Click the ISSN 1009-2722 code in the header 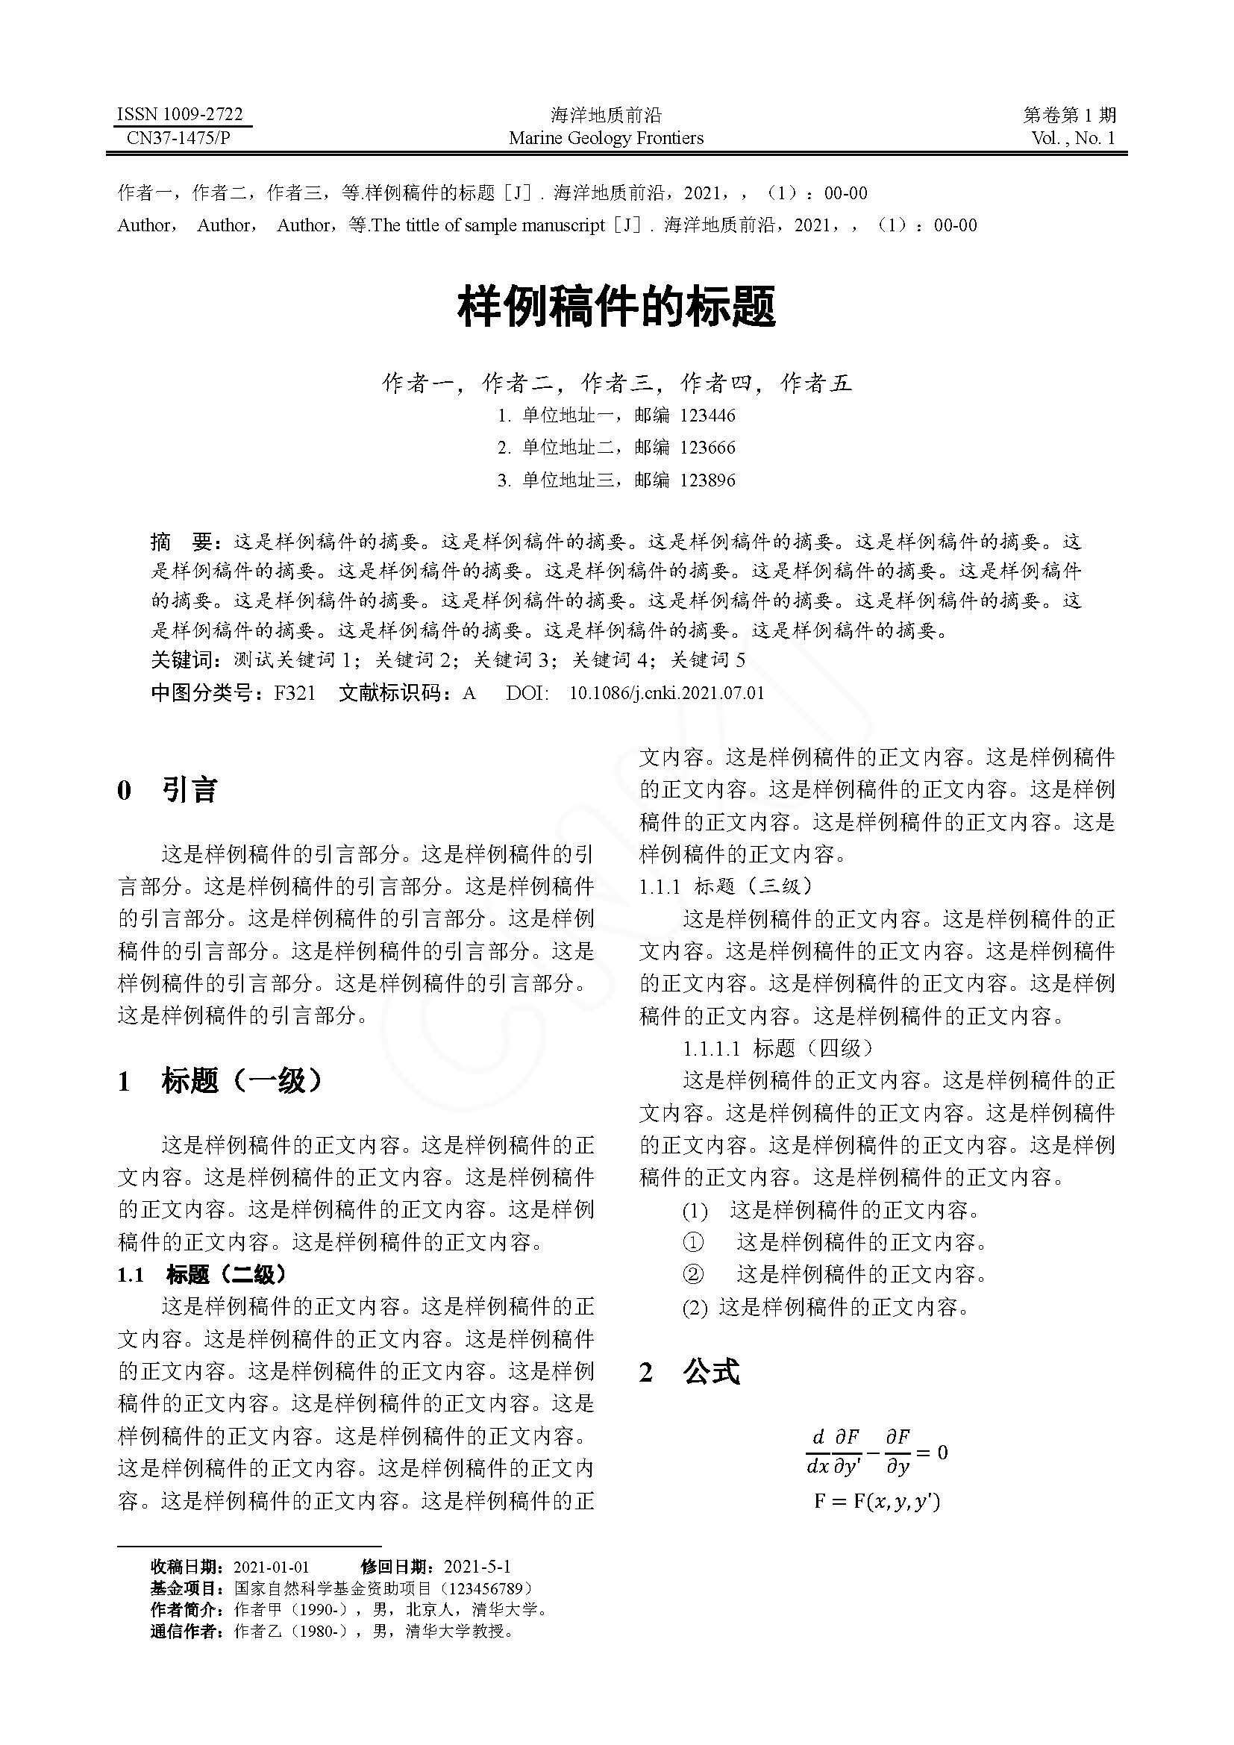[x=179, y=115]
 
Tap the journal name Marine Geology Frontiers [x=606, y=138]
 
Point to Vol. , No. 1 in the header [x=1073, y=138]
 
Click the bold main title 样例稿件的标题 [x=616, y=307]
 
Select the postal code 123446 [x=707, y=416]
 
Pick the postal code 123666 [x=707, y=448]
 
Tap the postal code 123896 [x=707, y=480]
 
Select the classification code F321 [x=295, y=693]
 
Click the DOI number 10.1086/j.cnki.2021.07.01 [x=666, y=693]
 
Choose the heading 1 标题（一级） [x=220, y=1081]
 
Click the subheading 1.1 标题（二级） [x=202, y=1274]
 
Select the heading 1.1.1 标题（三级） [x=726, y=886]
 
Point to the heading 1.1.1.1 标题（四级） [x=778, y=1049]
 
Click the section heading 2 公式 [x=689, y=1372]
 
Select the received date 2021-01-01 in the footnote [x=272, y=1567]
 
